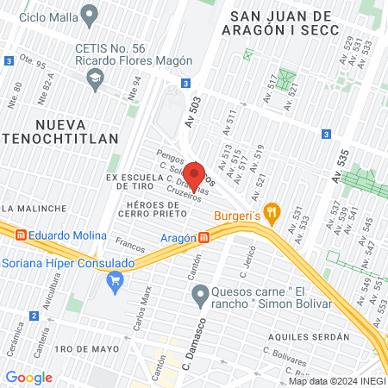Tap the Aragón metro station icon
[203, 237]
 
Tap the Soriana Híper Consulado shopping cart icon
[114, 280]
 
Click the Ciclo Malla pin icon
[88, 15]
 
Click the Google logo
[29, 378]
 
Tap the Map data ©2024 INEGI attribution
[336, 380]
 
